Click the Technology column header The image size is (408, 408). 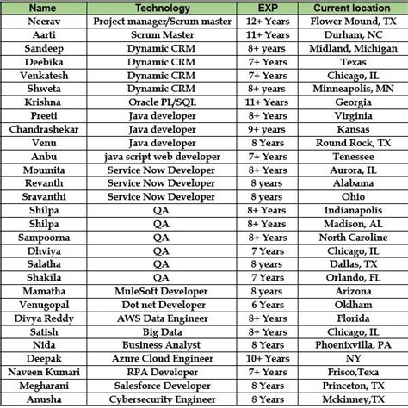point(159,8)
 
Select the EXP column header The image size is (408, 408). point(266,8)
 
